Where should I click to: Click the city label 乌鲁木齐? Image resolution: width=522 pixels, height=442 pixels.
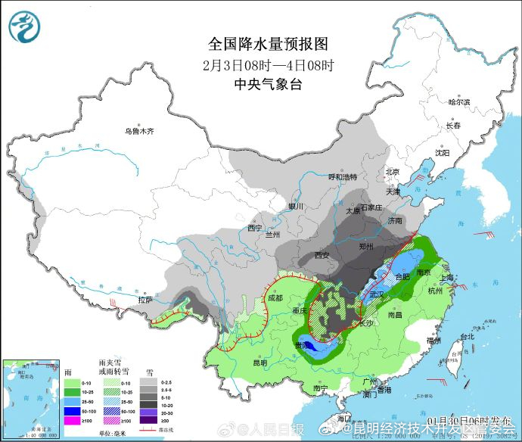point(139,131)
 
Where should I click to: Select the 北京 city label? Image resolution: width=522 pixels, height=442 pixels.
point(392,172)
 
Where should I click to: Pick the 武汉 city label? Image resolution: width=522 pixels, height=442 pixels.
point(377,293)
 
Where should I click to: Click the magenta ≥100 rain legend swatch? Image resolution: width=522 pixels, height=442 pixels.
point(72,420)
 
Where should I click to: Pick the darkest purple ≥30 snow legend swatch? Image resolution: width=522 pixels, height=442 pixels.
point(148,420)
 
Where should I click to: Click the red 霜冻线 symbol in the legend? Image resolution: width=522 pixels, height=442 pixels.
point(148,431)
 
